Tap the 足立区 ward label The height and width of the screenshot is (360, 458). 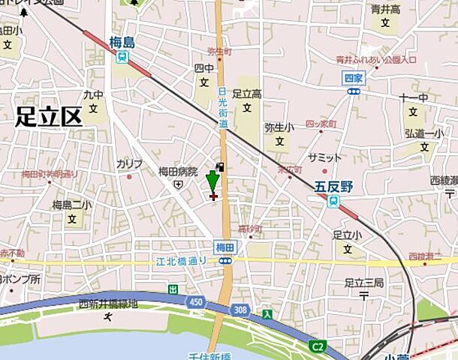(x=47, y=115)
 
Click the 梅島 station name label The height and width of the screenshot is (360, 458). (x=121, y=43)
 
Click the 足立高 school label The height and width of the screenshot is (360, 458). (x=246, y=94)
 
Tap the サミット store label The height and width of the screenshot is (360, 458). (x=325, y=157)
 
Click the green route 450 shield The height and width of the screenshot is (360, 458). (x=197, y=301)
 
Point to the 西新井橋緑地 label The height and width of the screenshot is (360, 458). (x=108, y=304)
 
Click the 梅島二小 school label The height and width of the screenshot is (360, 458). (x=72, y=204)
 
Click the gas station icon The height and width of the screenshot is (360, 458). (x=220, y=166)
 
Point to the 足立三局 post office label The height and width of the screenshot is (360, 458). (x=363, y=283)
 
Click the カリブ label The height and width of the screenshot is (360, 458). (x=128, y=163)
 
